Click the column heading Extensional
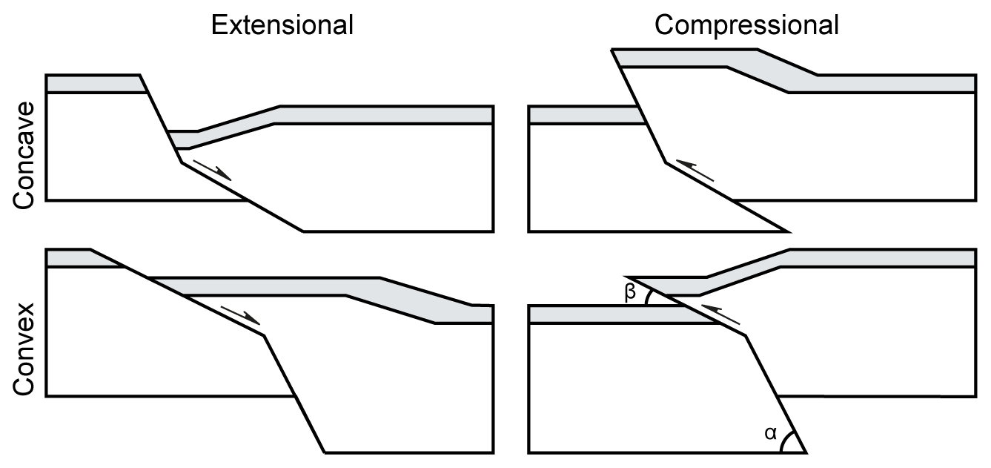click(282, 25)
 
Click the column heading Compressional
click(746, 25)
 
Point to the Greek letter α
click(771, 433)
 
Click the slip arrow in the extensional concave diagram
click(212, 170)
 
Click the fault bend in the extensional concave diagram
click(181, 162)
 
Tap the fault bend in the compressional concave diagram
click(665, 162)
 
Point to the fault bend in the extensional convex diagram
click(264, 336)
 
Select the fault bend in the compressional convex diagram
click(746, 336)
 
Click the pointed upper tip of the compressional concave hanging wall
click(612, 50)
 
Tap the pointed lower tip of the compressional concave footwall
click(786, 231)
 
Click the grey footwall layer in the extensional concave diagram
click(93, 84)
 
